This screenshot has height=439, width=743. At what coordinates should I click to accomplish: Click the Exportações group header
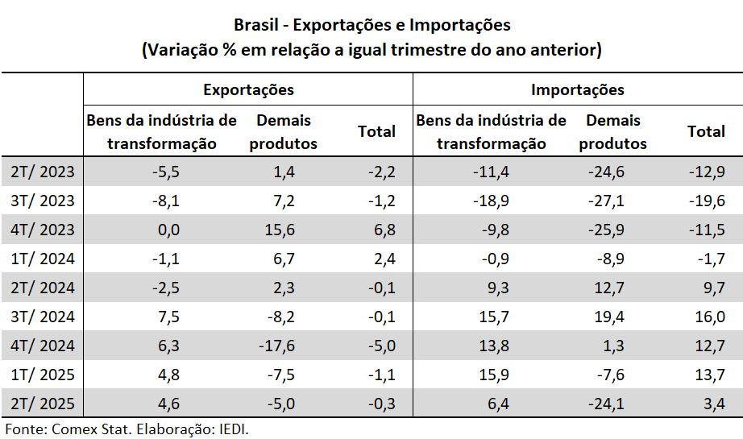coord(248,89)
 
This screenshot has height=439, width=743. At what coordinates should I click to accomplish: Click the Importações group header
coord(577,89)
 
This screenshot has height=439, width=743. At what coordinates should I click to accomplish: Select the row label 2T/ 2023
coord(43,172)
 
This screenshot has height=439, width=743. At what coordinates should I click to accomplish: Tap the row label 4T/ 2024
coord(43,346)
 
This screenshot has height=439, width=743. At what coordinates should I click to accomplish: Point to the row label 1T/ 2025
coord(43,375)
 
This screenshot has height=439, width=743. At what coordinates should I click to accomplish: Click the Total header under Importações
coord(706,131)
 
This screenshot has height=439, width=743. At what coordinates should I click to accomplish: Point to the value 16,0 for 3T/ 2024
coord(709,317)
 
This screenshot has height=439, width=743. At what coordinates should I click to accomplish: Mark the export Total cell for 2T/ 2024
coord(378,288)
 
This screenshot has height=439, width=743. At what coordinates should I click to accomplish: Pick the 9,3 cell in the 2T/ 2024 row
coord(499,288)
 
